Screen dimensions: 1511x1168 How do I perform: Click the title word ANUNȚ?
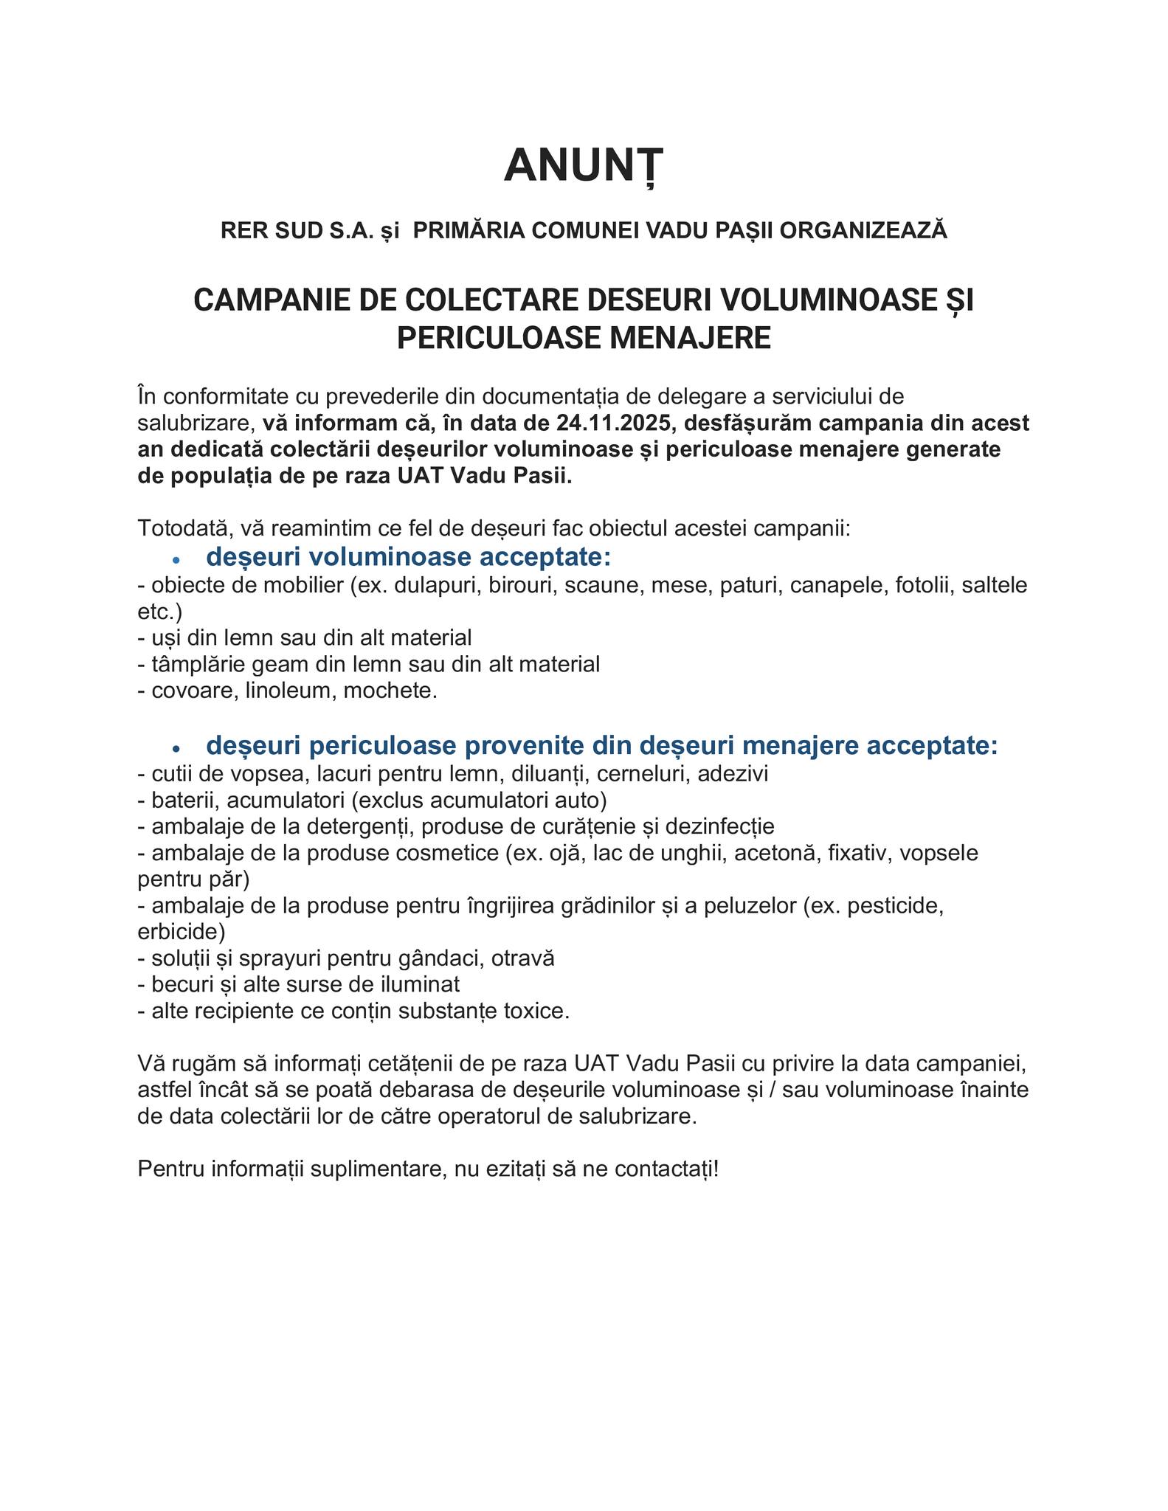point(584,165)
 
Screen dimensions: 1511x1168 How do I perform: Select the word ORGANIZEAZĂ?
point(863,231)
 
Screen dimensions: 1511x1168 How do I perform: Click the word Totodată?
point(184,528)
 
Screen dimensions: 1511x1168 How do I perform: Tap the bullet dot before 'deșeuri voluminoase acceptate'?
point(176,560)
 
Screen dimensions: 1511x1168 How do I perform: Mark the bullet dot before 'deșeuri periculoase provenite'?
point(176,748)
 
